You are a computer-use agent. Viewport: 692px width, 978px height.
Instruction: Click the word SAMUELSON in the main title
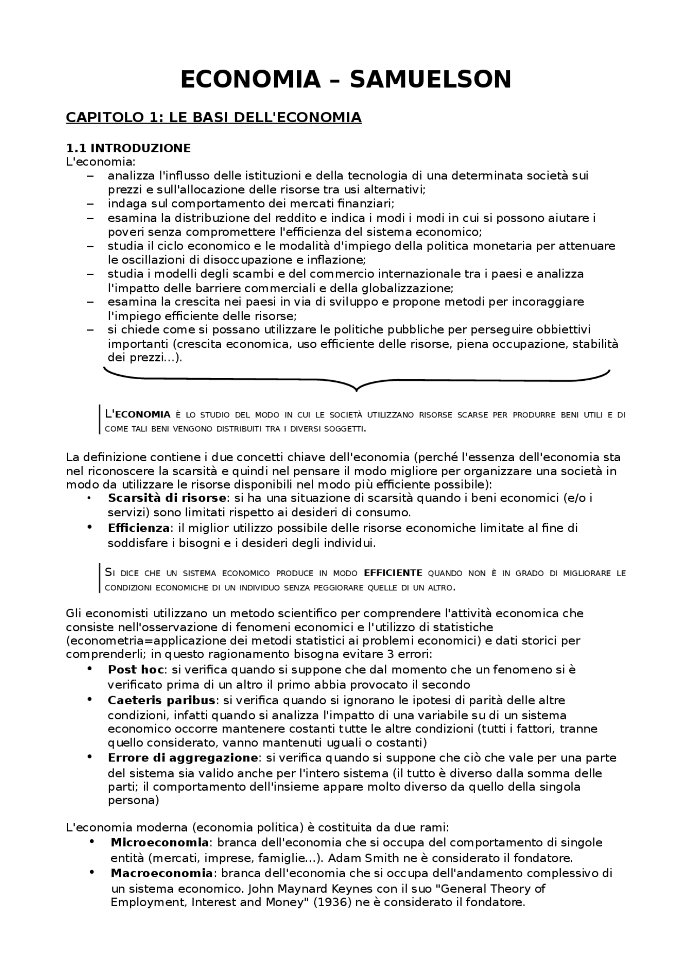pos(430,80)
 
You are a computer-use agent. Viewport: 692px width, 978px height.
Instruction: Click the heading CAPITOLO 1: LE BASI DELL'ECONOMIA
pos(214,117)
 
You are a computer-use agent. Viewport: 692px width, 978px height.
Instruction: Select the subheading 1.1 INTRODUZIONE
pos(128,148)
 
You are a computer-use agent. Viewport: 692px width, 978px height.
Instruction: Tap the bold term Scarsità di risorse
pos(167,498)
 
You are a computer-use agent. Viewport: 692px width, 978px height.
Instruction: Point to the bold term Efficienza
pos(139,528)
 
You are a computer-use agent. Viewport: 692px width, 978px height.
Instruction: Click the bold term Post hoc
pos(136,670)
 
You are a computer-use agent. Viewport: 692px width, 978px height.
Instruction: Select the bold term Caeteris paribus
pos(162,700)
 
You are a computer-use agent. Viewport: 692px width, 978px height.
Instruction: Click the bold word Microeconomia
pos(159,842)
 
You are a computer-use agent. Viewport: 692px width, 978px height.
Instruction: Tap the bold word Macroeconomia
pos(162,873)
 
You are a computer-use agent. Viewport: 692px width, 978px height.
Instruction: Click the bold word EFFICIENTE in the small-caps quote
pos(393,573)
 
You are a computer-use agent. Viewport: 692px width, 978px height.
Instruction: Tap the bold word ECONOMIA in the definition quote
pos(143,415)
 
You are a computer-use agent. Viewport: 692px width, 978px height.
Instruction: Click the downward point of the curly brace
pos(356,388)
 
